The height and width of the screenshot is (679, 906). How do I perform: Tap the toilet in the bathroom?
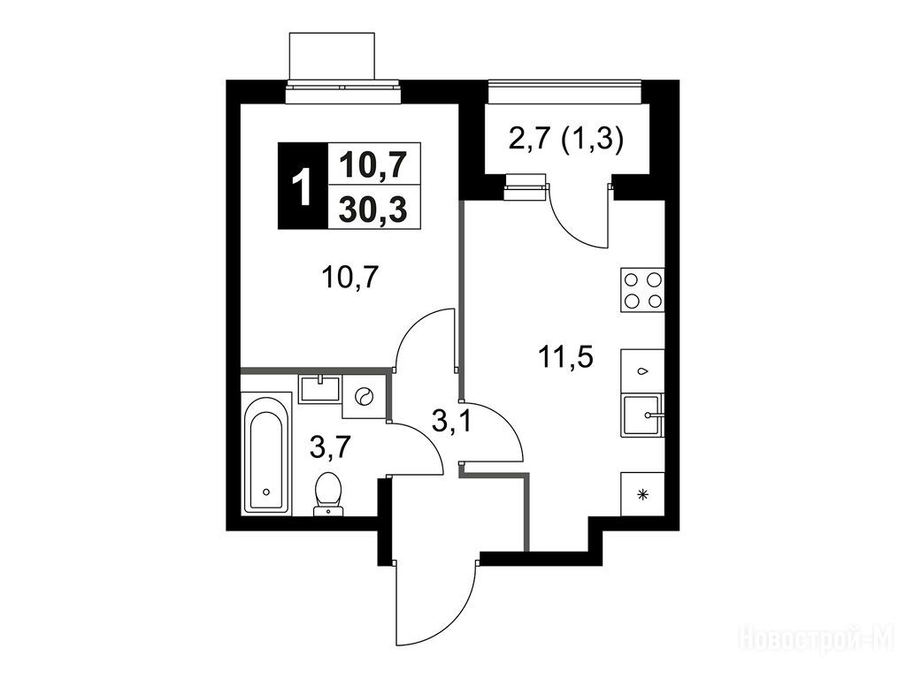coord(329,492)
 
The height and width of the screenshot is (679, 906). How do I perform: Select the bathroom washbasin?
coord(319,388)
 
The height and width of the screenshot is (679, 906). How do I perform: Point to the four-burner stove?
coord(642,289)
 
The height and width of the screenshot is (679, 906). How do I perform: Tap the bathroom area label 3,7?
coord(330,446)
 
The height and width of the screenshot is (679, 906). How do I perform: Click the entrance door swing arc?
coord(438,610)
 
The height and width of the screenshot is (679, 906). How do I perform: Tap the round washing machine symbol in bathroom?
coord(364,397)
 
